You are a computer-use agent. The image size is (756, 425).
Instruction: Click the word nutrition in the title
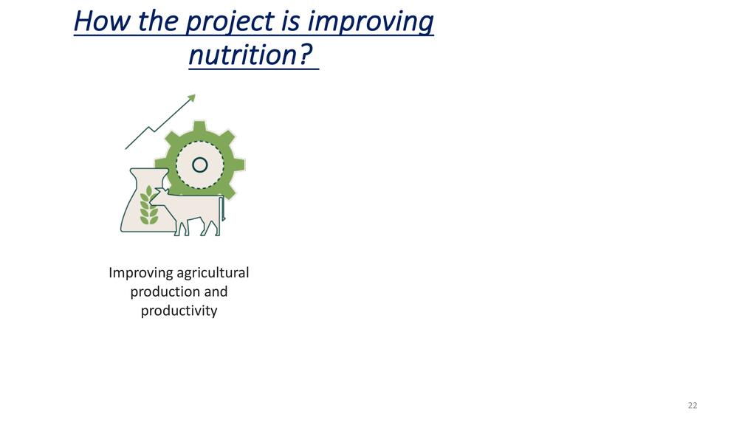(x=242, y=55)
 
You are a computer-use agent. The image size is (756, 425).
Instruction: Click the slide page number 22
(x=693, y=405)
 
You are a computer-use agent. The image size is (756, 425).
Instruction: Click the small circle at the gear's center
(x=199, y=165)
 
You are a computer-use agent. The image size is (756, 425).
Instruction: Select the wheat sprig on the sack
(x=148, y=205)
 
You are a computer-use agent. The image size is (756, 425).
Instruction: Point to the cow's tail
(x=221, y=209)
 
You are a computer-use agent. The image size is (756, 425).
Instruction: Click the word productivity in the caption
(x=179, y=311)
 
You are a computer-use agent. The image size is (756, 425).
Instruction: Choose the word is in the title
(x=289, y=22)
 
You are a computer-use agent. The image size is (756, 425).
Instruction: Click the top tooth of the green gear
(x=199, y=127)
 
